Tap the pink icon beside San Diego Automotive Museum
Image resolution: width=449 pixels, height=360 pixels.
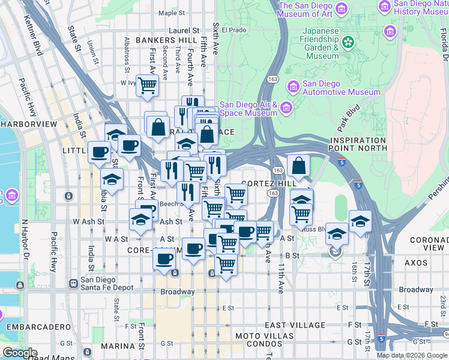point(293,87)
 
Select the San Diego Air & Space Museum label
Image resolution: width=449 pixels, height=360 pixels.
point(249,108)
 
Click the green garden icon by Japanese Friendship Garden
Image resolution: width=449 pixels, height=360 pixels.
point(348,43)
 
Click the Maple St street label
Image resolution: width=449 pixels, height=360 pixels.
point(172,13)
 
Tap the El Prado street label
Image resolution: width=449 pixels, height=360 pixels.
point(235,29)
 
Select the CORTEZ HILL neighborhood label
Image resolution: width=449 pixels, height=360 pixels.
point(269,182)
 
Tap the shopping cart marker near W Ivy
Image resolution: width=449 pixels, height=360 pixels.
point(146,85)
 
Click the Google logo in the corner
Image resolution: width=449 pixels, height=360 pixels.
point(19,353)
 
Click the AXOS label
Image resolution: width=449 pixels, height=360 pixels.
point(415,263)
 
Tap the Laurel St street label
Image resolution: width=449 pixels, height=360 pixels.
point(184,30)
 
